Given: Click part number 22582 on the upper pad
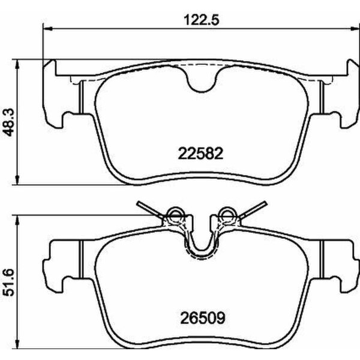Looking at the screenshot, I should click(200, 154).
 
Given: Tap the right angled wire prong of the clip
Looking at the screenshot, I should click(254, 208).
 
